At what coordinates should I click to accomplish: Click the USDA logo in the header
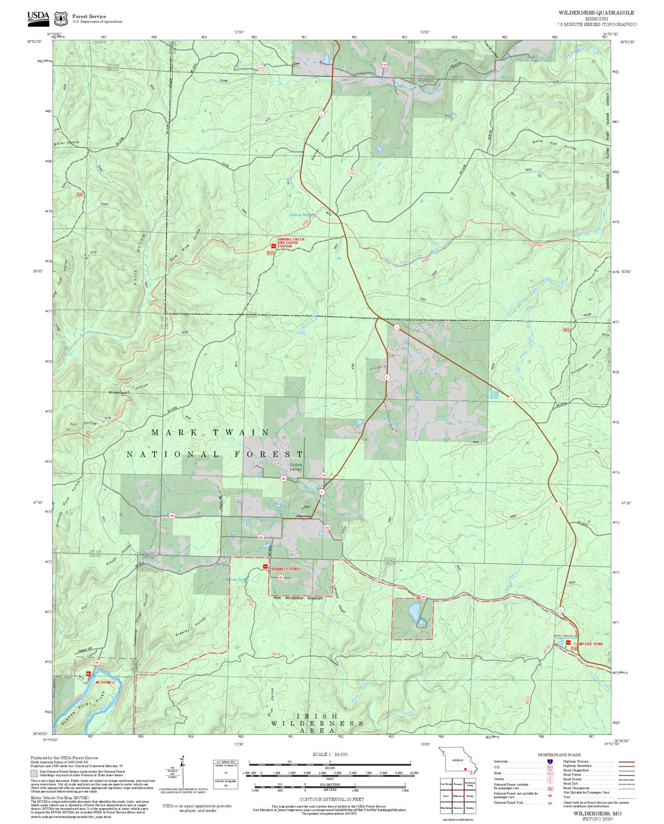[x=38, y=16]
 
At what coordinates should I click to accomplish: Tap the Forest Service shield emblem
[x=61, y=19]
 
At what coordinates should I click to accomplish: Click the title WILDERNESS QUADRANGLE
[x=596, y=13]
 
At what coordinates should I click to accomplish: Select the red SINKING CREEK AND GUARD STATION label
[x=291, y=243]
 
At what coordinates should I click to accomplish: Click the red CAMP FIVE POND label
[x=588, y=644]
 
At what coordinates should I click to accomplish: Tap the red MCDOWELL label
[x=105, y=682]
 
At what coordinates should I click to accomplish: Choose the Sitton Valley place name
[x=296, y=467]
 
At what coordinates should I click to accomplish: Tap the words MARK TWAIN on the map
[x=210, y=432]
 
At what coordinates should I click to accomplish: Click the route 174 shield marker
[x=261, y=68]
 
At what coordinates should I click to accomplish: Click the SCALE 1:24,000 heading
[x=330, y=755]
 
